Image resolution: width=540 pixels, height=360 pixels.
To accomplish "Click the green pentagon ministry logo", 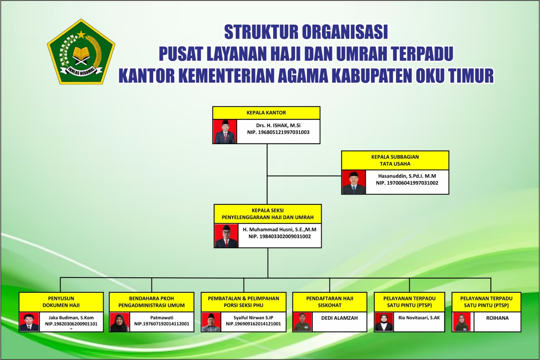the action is tap(81, 52).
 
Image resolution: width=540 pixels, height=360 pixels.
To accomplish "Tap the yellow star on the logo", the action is tap(81, 35).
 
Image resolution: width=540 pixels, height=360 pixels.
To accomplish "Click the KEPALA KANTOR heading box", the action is tap(266, 113).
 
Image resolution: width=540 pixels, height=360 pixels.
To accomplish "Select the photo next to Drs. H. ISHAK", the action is tap(225, 132).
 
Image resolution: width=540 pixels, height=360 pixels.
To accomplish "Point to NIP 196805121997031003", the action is tap(278, 132).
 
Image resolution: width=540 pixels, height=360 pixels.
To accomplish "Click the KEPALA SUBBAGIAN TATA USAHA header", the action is tap(395, 160).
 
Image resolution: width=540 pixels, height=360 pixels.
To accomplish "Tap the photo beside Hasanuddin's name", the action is tap(354, 182).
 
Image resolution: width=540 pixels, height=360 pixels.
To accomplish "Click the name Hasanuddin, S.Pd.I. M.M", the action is tap(407, 176).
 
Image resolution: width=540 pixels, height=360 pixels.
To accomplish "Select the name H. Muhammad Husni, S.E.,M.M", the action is tap(280, 229).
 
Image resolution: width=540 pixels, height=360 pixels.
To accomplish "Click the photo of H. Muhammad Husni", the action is tap(226, 236).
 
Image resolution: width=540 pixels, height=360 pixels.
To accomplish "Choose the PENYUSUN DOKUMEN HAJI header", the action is tap(61, 302).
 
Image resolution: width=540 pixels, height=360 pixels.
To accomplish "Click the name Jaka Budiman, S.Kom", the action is tap(71, 317).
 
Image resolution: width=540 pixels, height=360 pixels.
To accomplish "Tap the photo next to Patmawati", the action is tap(119, 322).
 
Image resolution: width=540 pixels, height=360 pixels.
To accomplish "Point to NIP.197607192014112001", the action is tap(162, 324).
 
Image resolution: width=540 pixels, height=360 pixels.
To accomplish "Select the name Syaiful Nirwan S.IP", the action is tap(253, 317).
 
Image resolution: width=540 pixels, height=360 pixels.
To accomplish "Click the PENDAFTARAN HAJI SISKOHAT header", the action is tap(330, 302).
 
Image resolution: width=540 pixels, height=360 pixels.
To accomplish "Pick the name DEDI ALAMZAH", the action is tap(340, 318).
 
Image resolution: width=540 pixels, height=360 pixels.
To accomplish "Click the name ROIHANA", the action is tap(497, 318).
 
